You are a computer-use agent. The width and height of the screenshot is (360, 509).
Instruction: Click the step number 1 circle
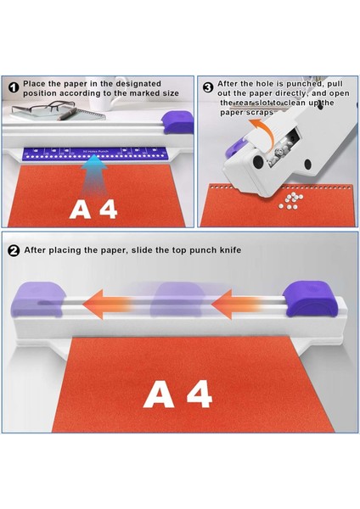[14, 87]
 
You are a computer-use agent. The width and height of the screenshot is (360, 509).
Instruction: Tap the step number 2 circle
[14, 250]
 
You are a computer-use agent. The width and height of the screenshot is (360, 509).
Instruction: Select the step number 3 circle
[208, 87]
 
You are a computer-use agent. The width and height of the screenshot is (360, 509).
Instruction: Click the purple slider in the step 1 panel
[177, 122]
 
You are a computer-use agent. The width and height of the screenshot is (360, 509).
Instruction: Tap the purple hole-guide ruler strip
[94, 154]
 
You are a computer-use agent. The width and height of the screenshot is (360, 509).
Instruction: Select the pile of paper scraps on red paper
[290, 200]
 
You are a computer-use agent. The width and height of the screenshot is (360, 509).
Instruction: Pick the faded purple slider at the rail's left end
[38, 299]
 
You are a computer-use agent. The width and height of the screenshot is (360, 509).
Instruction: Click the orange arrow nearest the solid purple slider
[235, 305]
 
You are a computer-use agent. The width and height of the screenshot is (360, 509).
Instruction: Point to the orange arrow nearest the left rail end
[107, 305]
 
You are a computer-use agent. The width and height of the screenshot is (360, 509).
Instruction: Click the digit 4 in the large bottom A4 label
[200, 394]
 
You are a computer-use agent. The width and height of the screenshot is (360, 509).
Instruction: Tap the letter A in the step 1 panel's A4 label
[80, 210]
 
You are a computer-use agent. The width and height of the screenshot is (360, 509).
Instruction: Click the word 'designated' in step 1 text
[138, 84]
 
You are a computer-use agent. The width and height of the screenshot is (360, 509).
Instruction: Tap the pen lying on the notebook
[68, 115]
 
